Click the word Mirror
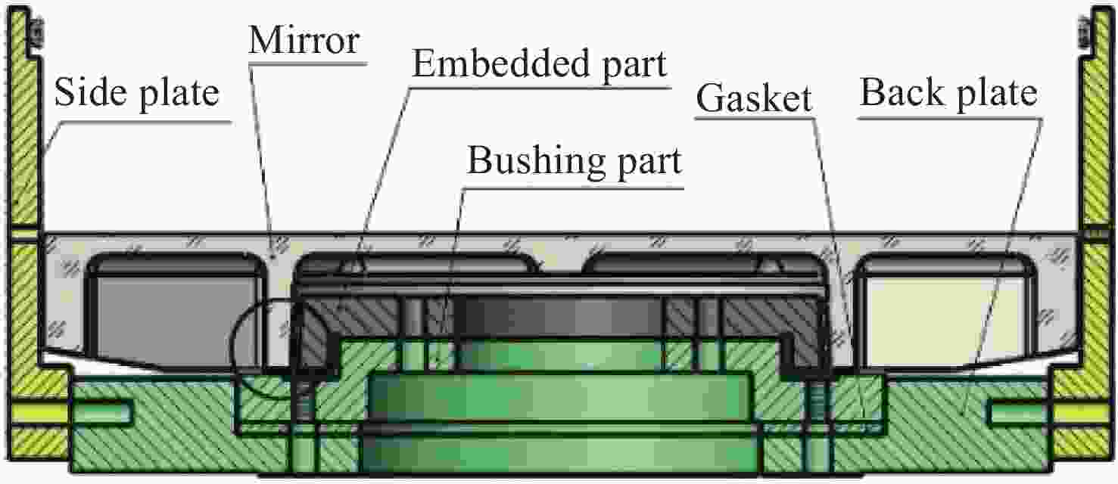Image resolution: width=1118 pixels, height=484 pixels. coord(304,40)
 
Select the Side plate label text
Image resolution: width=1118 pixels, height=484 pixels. coord(137,94)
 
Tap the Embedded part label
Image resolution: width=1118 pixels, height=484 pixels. coord(539,65)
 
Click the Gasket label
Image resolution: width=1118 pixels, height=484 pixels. coord(754,98)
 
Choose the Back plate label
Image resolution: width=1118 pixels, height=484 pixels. coord(948,94)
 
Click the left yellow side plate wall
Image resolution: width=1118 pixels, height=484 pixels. coord(24,234)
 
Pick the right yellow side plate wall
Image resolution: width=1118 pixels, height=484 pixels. coord(1094,234)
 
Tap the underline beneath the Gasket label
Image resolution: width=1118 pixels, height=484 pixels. coord(755,118)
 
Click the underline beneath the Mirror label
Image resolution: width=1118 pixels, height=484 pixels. coord(308,64)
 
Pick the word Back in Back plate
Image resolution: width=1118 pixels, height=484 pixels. coord(902,92)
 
